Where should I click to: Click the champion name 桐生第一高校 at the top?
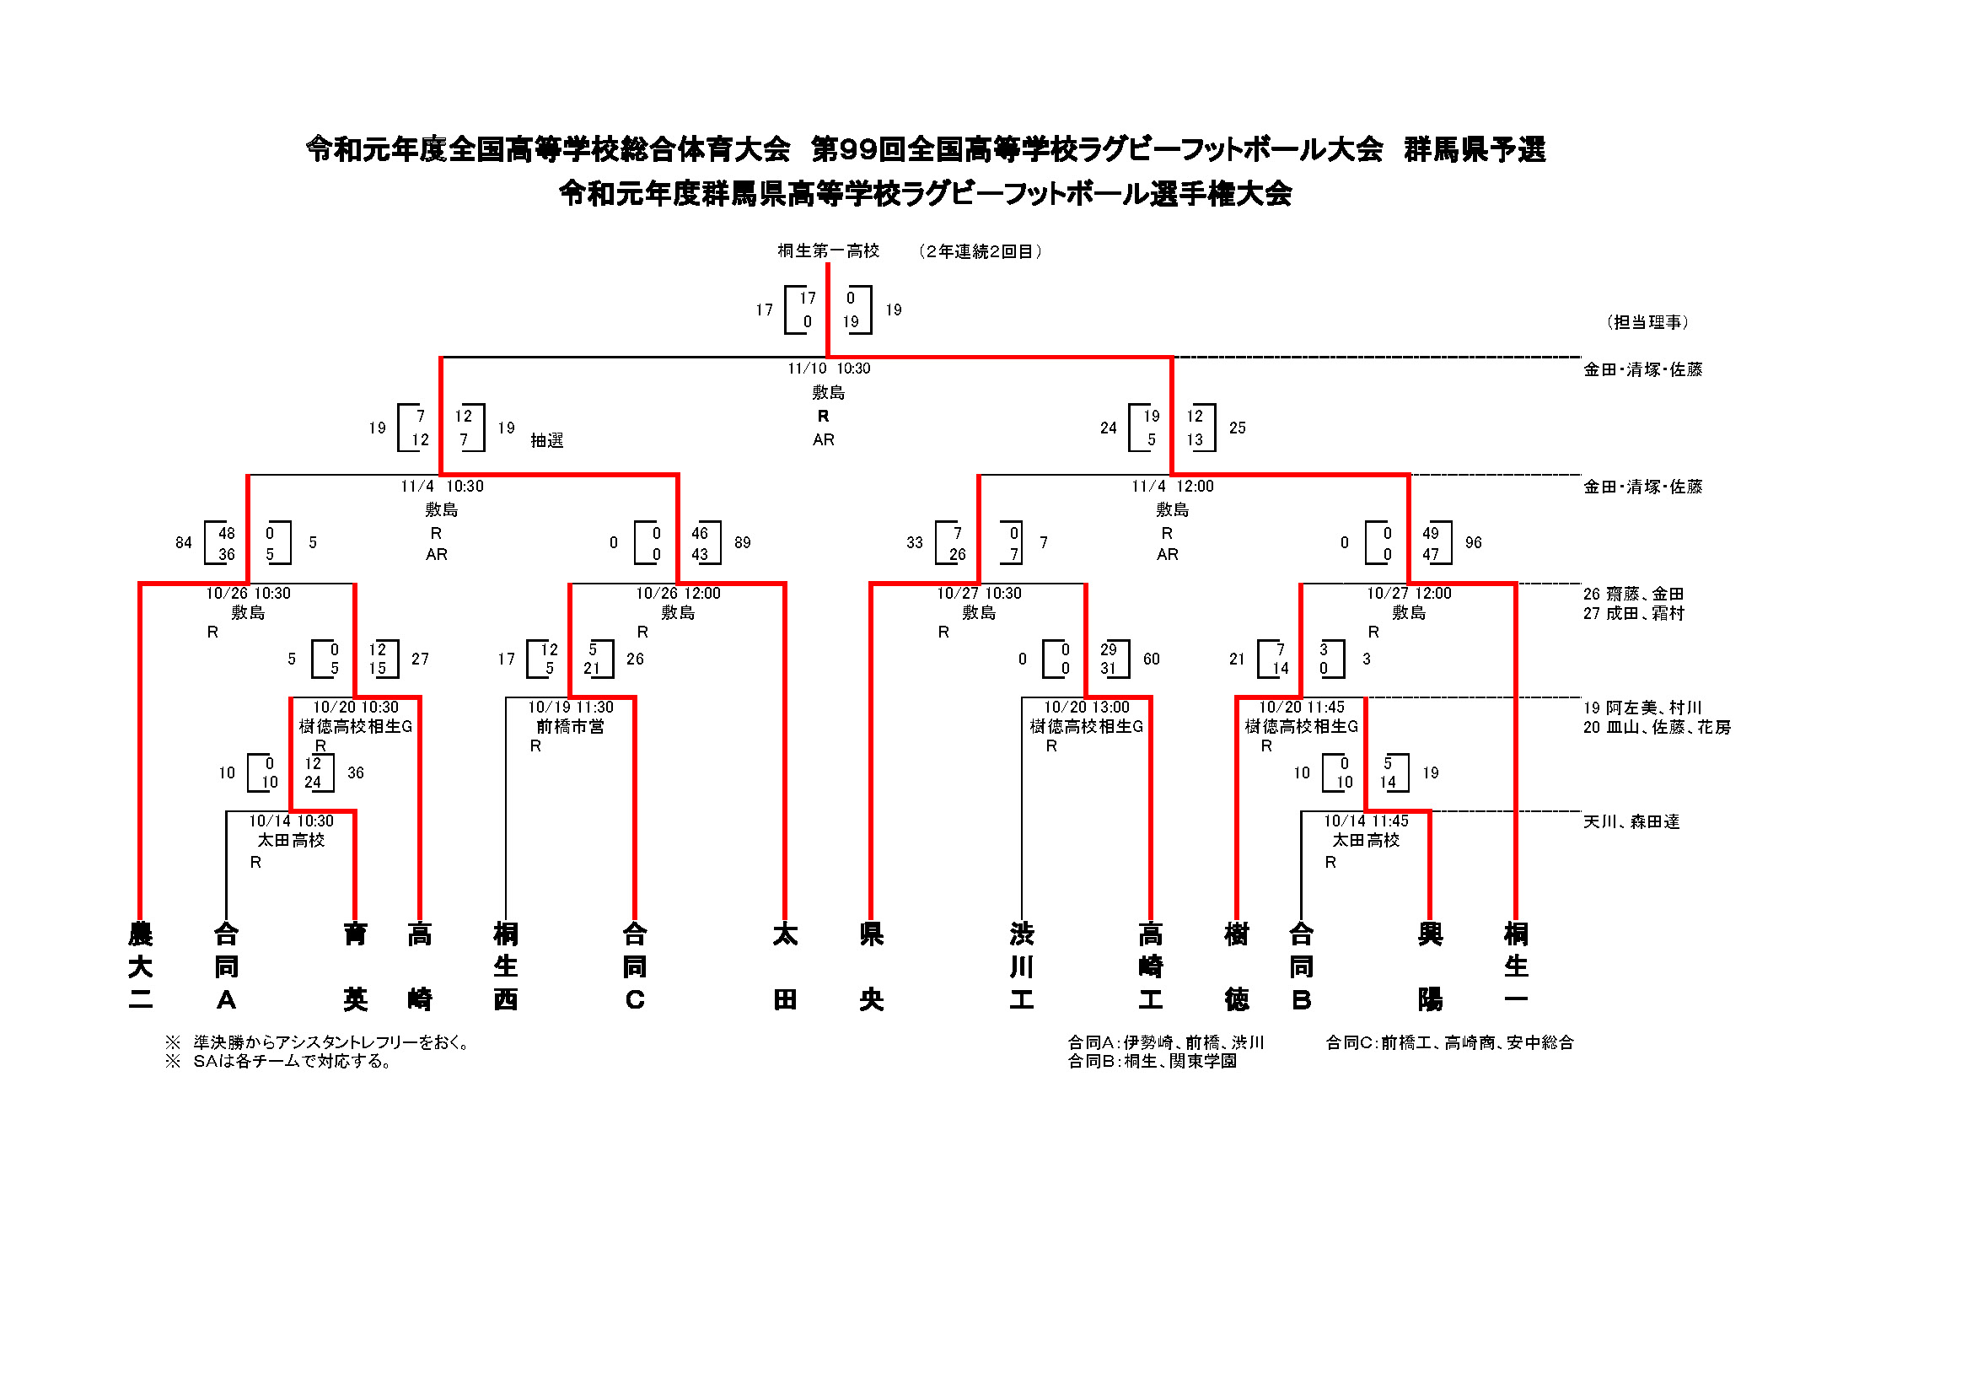coord(828,250)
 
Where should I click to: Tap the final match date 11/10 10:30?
coord(828,369)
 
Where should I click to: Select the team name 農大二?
coord(140,966)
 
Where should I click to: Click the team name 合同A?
coord(226,966)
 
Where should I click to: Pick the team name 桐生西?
coord(505,966)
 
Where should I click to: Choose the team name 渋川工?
coord(1021,966)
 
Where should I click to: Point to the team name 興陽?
coord(1429,966)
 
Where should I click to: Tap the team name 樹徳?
coord(1236,966)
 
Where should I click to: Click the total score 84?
coord(183,543)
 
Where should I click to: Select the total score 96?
coord(1473,543)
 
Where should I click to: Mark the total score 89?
coord(742,543)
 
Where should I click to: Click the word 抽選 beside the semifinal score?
coord(546,440)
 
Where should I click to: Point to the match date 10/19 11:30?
coord(570,707)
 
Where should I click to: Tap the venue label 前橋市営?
coord(570,727)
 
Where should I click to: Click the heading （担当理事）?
coord(1647,322)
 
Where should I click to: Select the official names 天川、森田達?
coord(1631,822)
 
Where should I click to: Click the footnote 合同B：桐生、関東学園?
coord(1152,1062)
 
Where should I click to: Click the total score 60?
coord(1151,659)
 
